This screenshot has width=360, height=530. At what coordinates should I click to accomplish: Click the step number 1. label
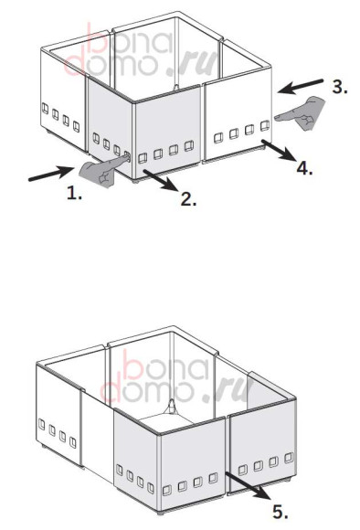click(74, 194)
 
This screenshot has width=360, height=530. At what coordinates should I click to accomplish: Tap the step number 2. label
click(188, 199)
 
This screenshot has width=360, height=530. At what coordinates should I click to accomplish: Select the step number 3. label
click(340, 87)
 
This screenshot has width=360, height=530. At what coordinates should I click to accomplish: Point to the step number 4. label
click(304, 167)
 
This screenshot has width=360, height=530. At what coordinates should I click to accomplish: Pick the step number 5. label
click(281, 512)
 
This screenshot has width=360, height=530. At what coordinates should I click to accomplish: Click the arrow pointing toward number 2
click(161, 181)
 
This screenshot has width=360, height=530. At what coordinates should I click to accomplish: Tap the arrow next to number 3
click(301, 87)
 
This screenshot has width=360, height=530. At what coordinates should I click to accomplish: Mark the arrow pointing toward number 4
click(278, 151)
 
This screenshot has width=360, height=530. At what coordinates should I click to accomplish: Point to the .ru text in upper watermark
click(193, 62)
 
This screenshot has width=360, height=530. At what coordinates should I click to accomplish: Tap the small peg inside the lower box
click(173, 406)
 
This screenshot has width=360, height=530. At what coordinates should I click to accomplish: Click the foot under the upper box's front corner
click(136, 181)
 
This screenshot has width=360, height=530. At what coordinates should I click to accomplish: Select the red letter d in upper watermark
click(75, 65)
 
